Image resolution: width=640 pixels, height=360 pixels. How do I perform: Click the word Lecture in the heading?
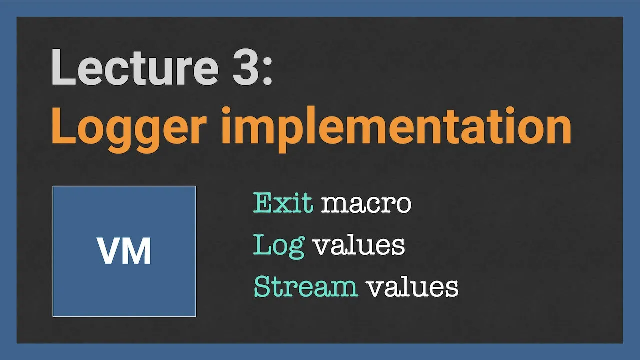135,67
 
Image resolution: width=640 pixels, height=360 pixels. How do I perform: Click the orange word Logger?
129,130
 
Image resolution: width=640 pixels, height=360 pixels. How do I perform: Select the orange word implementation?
397,129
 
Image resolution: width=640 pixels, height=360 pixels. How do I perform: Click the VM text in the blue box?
124,251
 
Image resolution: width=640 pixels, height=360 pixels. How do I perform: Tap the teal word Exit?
283,203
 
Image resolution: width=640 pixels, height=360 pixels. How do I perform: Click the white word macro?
366,205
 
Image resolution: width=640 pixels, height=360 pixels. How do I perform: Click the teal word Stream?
306,287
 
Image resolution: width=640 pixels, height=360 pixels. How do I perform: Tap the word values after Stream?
413,287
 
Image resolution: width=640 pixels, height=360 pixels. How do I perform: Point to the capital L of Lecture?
63,67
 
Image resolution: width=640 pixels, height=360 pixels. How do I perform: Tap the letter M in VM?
136,251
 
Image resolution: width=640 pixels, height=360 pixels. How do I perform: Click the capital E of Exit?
262,203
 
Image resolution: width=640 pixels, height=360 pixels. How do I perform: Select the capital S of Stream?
262,287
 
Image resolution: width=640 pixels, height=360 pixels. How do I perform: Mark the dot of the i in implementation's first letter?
226,111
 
